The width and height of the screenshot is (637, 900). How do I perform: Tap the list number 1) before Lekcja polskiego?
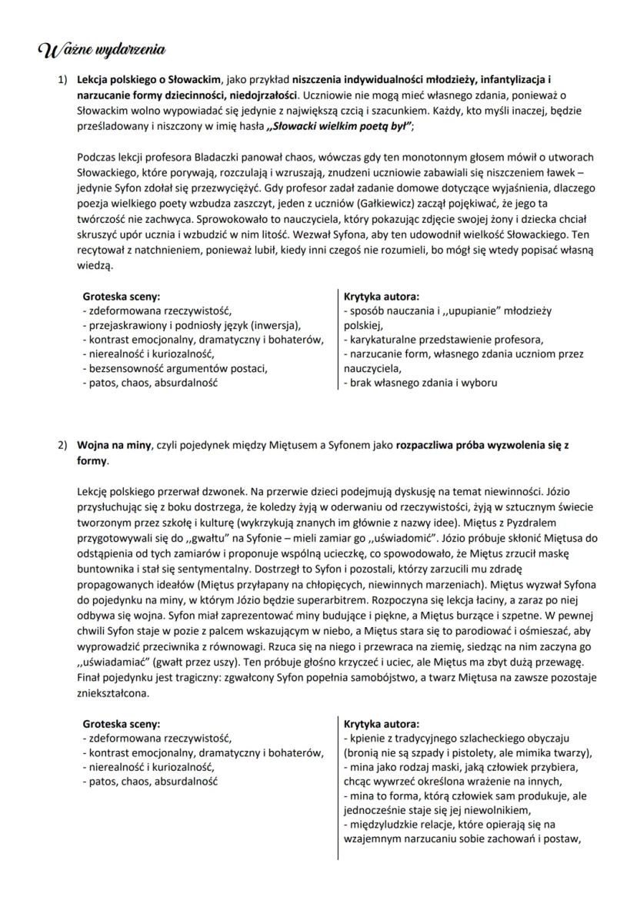[x=62, y=80]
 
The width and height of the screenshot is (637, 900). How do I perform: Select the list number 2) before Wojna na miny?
[x=62, y=446]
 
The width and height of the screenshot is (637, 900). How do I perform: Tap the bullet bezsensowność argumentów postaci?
[x=175, y=368]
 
